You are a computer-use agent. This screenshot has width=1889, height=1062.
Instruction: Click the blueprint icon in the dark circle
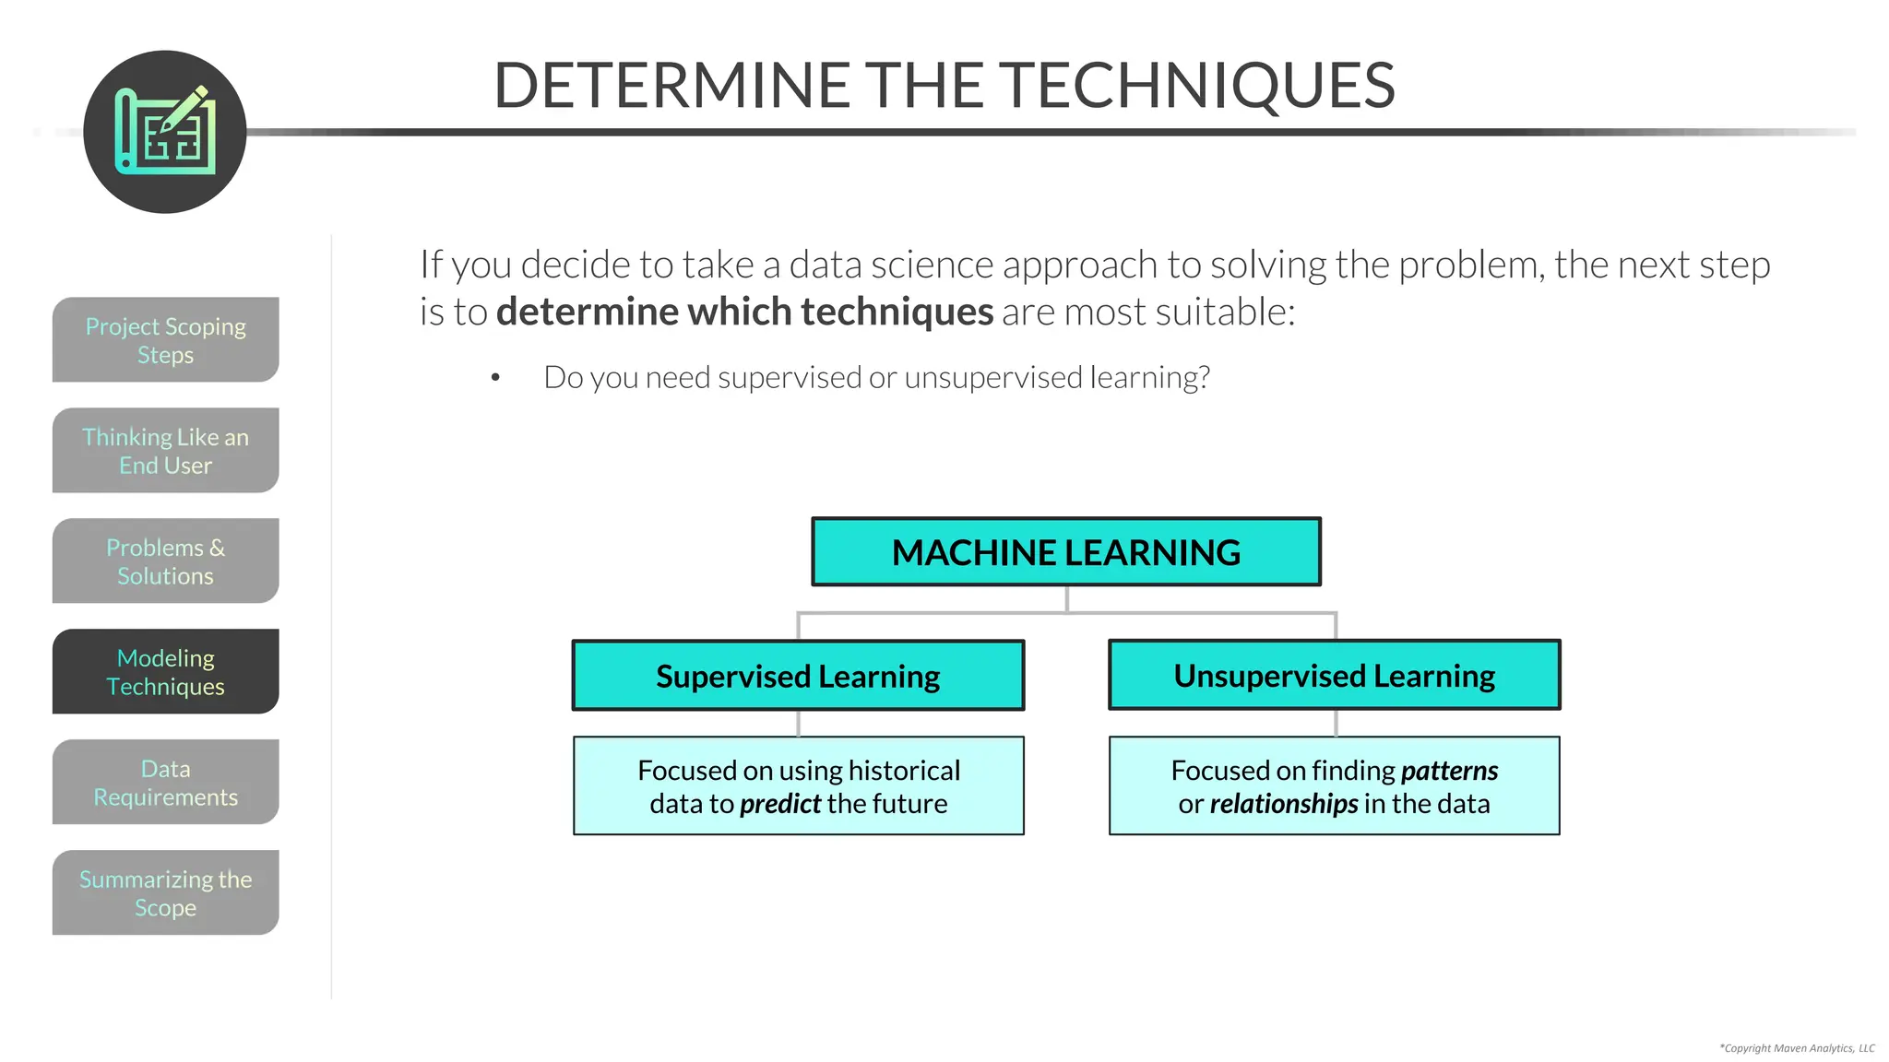click(x=165, y=132)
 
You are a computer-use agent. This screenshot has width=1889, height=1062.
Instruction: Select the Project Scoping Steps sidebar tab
click(x=165, y=339)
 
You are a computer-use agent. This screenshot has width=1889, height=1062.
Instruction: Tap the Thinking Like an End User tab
click(x=165, y=450)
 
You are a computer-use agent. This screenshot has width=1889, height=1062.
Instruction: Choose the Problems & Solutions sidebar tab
click(x=165, y=560)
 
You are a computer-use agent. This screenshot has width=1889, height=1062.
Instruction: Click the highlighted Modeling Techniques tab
click(x=165, y=671)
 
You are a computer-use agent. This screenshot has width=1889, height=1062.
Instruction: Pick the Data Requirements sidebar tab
click(x=165, y=782)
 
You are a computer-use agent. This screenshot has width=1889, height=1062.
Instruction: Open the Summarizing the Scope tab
click(x=165, y=892)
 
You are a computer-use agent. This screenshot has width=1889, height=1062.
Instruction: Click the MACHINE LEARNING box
click(x=1065, y=551)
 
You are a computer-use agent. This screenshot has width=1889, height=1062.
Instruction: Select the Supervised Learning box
click(x=798, y=676)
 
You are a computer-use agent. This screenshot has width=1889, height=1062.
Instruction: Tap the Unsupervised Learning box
click(x=1334, y=675)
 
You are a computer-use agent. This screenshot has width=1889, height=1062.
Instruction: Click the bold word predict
click(x=779, y=804)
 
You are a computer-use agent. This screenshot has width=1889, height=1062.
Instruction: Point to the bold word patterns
click(x=1449, y=771)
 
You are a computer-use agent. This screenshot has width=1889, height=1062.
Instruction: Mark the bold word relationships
click(x=1283, y=804)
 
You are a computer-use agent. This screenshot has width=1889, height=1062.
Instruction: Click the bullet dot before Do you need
click(x=495, y=378)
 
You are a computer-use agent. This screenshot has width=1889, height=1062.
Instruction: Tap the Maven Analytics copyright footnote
click(x=1797, y=1048)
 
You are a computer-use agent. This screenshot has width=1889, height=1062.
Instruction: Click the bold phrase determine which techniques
click(x=744, y=312)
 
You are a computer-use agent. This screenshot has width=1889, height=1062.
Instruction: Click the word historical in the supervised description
click(x=904, y=771)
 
